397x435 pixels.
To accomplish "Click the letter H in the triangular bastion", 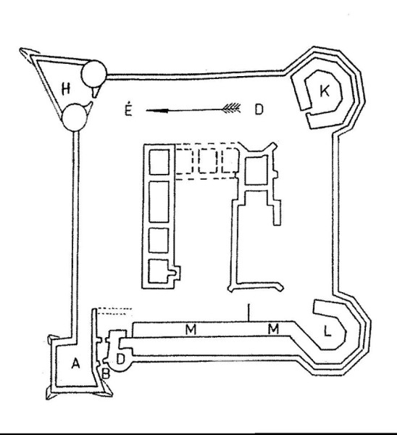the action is click(x=66, y=88).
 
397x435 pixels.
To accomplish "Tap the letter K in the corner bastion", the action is click(x=325, y=91).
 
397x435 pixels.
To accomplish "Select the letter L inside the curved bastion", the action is click(x=327, y=331).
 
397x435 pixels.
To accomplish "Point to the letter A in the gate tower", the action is click(x=75, y=363).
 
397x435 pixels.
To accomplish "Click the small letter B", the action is click(x=106, y=373).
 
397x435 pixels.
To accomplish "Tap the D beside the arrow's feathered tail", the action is click(x=259, y=109).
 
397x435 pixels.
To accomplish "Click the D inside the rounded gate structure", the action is click(x=120, y=359).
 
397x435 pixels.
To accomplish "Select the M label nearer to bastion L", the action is click(x=273, y=328).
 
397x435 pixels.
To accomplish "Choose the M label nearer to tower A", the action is click(x=191, y=329).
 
